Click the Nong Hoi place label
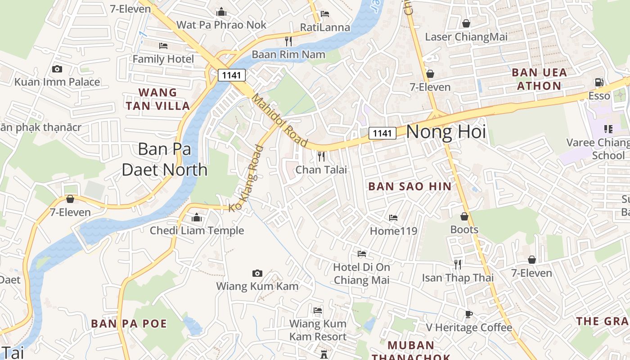(446, 132)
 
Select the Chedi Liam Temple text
(197, 230)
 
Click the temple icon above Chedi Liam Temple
(197, 218)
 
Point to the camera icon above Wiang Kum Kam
(257, 273)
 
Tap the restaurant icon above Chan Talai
(321, 157)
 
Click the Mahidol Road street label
(279, 120)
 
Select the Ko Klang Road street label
(246, 178)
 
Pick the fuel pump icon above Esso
(599, 82)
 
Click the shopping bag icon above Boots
(464, 217)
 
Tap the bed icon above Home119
(393, 218)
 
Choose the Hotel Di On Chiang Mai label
(361, 273)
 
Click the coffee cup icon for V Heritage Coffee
(468, 314)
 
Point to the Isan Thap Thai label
(458, 278)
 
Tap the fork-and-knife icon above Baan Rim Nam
(288, 41)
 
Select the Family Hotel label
(163, 59)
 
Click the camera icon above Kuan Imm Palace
(57, 69)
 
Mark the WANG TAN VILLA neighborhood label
(158, 99)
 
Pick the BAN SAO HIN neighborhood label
(409, 186)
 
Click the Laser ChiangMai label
(466, 36)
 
